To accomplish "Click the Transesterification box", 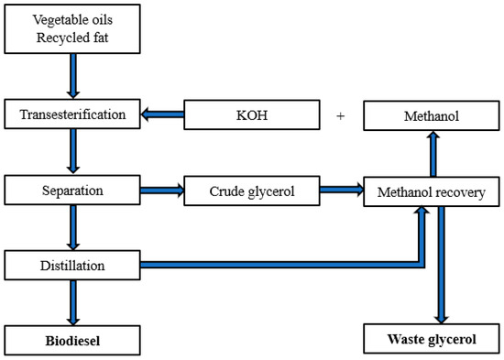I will [71, 115].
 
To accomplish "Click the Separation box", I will [71, 191].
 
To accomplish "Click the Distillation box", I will [71, 267].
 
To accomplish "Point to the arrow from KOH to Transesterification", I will [163, 116].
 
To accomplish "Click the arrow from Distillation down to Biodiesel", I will [71, 302].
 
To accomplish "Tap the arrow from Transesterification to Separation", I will [71, 153].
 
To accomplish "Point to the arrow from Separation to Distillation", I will [71, 229].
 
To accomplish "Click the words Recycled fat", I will [71, 36].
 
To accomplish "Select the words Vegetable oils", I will [71, 19].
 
